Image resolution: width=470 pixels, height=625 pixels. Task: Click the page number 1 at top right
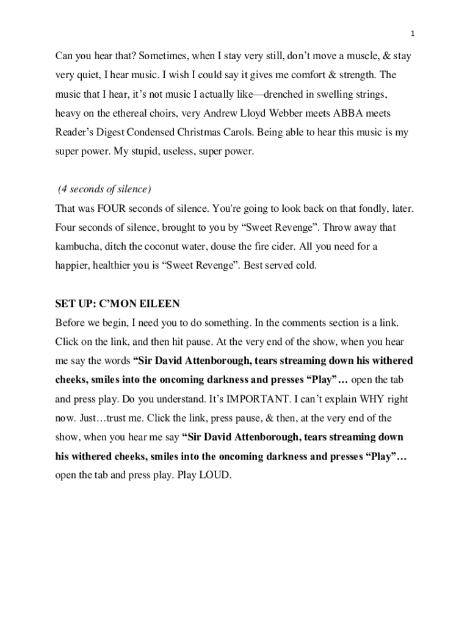(413, 33)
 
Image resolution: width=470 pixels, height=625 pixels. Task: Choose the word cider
(301, 247)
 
